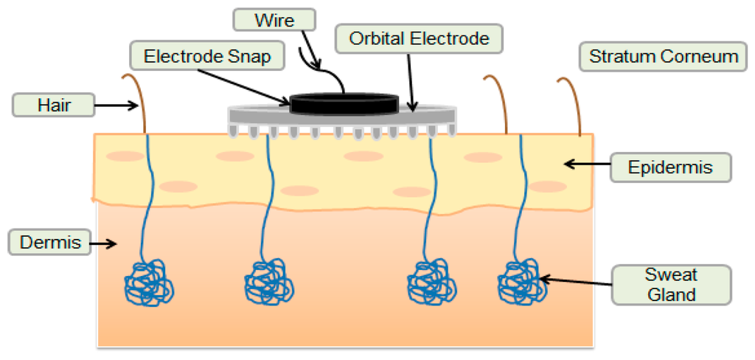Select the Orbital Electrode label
(x=419, y=38)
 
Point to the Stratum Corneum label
(x=664, y=57)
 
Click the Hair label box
(x=54, y=105)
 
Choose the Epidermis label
(x=670, y=167)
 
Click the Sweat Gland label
(x=671, y=285)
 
